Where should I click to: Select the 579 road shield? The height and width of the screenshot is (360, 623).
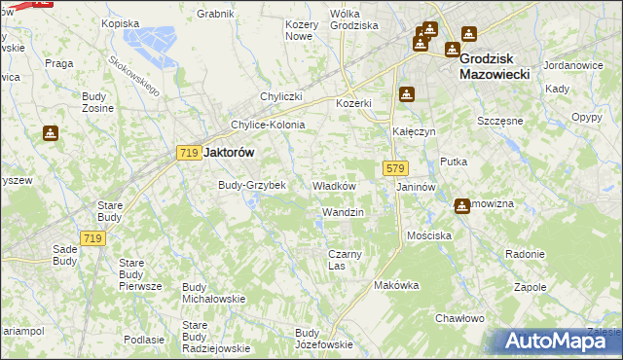point(394,168)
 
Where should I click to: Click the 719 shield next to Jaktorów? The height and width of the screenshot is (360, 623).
point(189,153)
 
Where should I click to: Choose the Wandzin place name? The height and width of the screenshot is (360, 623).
point(342,212)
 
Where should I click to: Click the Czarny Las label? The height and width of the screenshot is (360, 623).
point(345,260)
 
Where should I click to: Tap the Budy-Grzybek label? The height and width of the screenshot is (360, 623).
point(251,185)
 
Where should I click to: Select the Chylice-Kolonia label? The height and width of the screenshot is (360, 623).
point(268,125)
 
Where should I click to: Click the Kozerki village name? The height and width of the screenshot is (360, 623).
point(354,103)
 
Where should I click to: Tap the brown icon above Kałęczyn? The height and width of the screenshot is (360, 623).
point(406,95)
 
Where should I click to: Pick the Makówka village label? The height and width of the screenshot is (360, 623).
point(396,285)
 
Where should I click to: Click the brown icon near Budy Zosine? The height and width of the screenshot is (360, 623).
point(49,133)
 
